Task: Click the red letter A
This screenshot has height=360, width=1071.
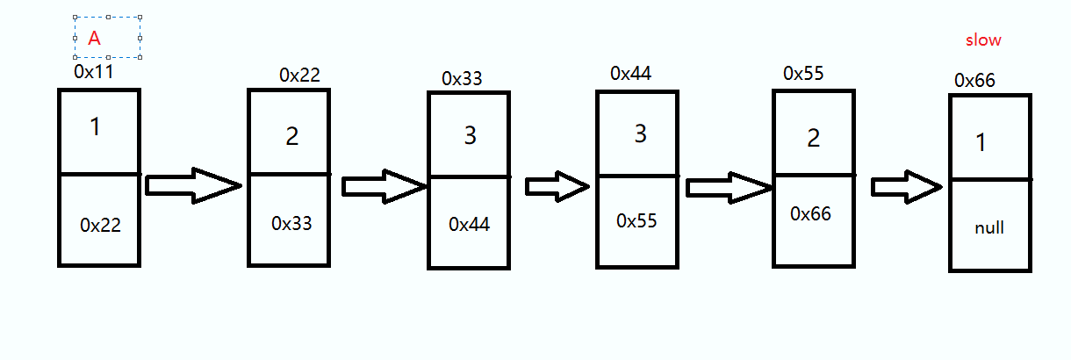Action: click(94, 38)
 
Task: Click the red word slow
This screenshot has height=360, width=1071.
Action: click(983, 40)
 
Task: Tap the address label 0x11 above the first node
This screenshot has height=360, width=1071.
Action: click(94, 72)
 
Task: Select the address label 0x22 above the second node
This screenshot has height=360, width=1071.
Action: click(299, 75)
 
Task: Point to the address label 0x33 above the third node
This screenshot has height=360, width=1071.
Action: click(462, 78)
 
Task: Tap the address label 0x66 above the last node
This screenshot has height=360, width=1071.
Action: click(974, 80)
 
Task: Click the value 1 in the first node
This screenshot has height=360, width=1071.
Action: click(95, 127)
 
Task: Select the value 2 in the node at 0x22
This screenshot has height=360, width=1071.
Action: click(292, 136)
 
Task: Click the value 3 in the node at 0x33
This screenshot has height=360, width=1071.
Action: click(470, 136)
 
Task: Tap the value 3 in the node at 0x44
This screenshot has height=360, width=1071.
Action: click(639, 134)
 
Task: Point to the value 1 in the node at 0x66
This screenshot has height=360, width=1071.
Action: click(981, 142)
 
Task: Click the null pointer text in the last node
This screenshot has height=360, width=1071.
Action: click(989, 228)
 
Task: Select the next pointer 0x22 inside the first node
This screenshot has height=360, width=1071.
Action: click(100, 225)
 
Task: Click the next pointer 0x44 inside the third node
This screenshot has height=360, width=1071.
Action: click(469, 224)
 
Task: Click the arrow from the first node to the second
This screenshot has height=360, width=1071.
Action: click(192, 185)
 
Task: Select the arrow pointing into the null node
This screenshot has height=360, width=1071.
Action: click(907, 186)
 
